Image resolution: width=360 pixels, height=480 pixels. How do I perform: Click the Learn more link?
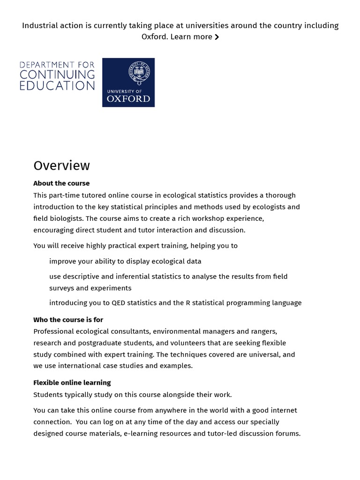191,37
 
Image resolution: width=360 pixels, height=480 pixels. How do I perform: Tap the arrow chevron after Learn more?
217,37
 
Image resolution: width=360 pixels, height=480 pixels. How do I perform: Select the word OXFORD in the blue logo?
128,98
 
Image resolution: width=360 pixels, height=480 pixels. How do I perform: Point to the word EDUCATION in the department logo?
57,86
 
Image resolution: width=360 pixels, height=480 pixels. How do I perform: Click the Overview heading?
61,165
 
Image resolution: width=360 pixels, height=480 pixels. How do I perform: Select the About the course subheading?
61,183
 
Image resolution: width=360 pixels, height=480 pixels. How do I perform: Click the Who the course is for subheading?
68,320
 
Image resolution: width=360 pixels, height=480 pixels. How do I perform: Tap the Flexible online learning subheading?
72,382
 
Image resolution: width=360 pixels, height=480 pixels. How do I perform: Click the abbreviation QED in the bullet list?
119,303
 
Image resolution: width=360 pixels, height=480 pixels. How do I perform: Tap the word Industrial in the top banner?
39,25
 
